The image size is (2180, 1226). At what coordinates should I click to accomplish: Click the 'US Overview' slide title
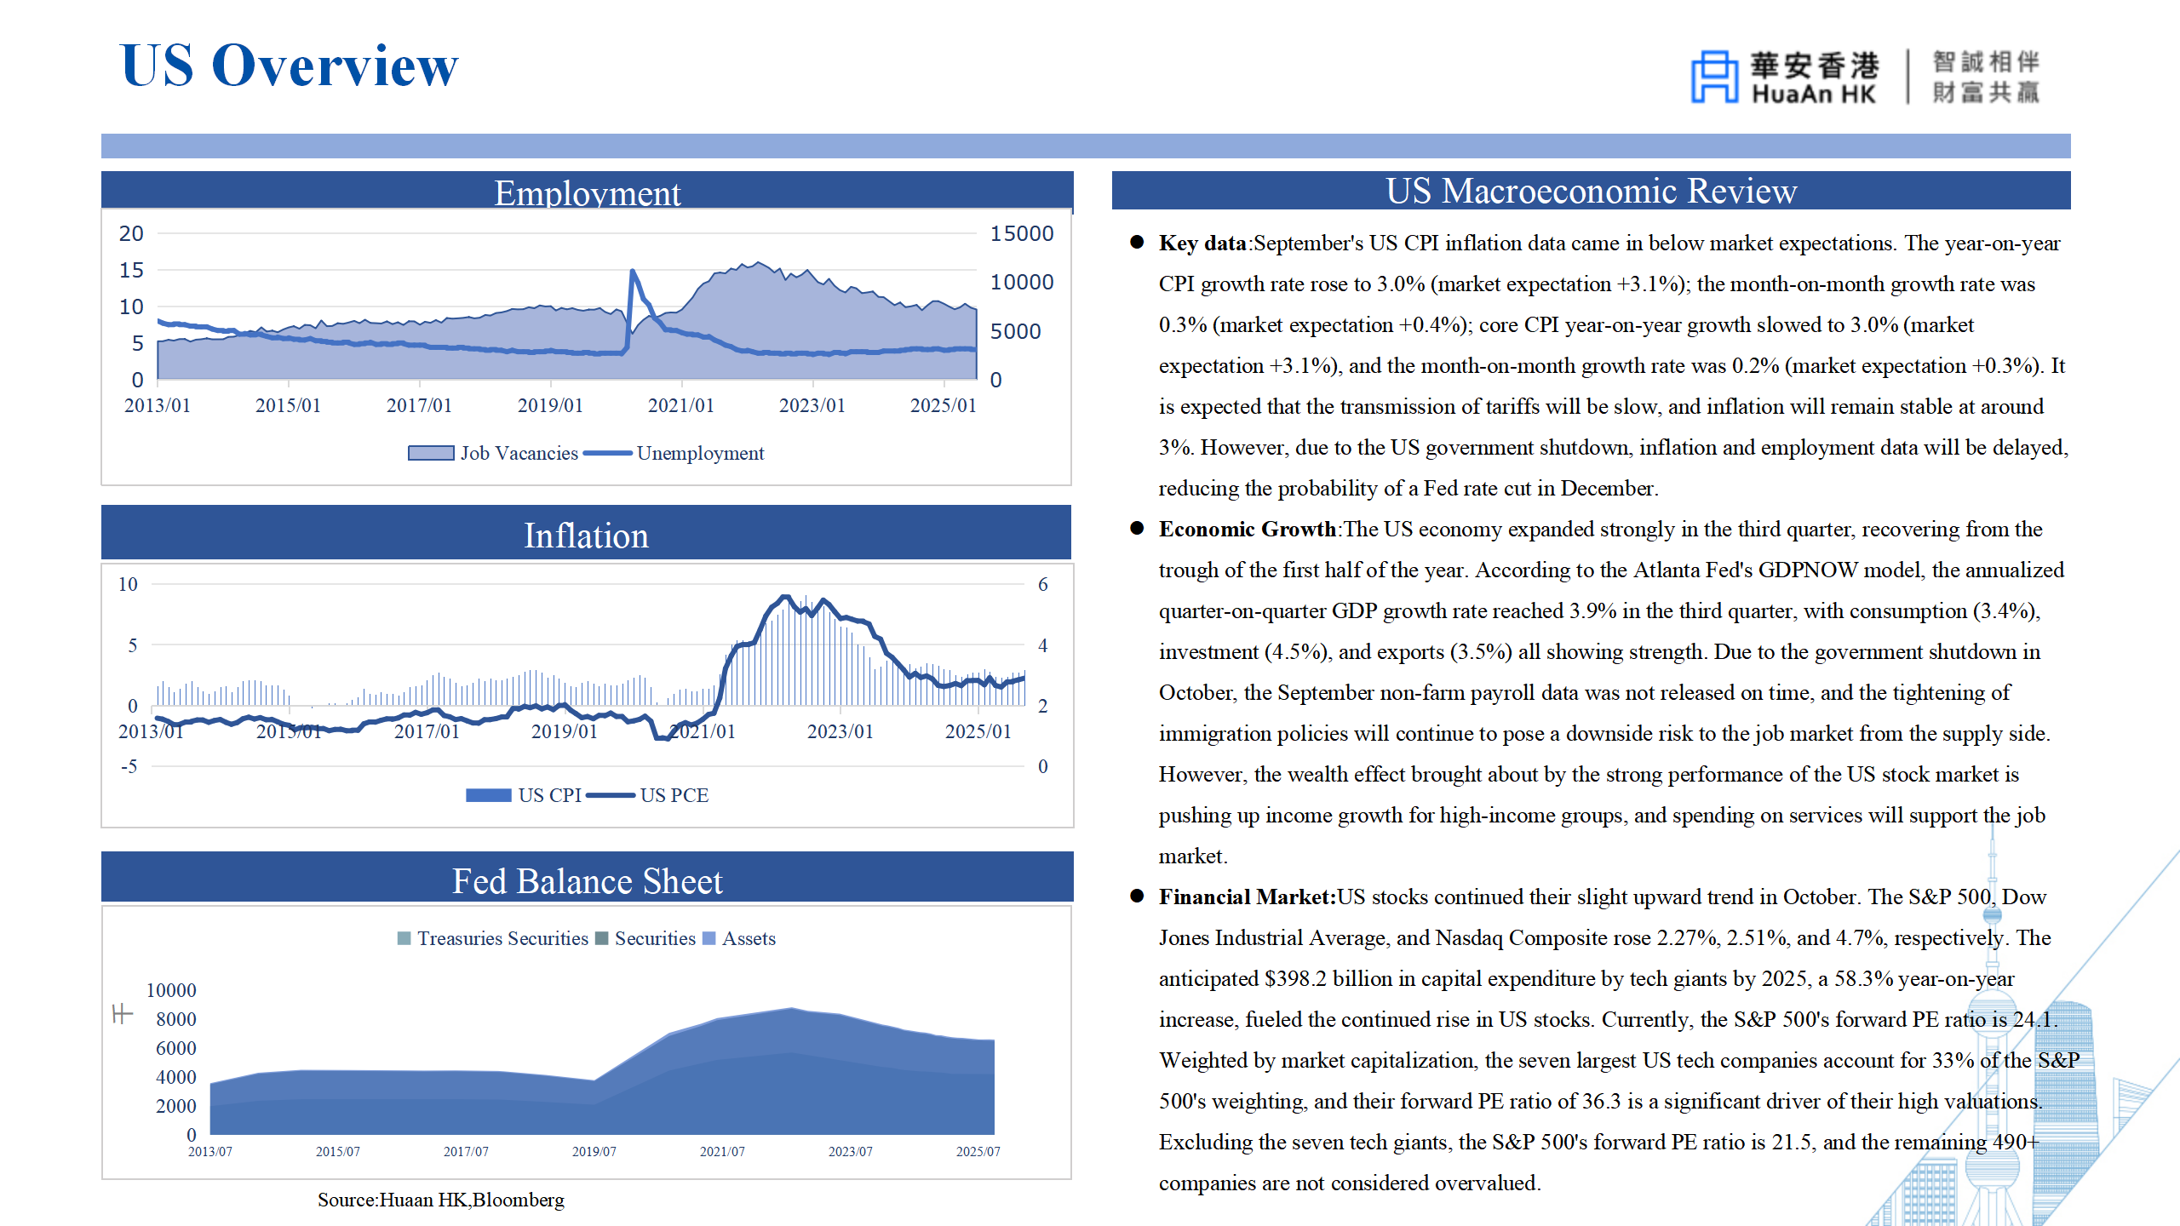290,66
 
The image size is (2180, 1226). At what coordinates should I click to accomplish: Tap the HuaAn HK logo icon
1713,77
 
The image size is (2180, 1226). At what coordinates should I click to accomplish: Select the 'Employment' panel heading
587,192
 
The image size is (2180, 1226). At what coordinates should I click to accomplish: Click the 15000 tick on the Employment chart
1021,233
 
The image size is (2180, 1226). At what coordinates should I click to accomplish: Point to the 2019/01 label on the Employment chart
550,405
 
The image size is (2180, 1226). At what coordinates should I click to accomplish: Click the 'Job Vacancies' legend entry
494,453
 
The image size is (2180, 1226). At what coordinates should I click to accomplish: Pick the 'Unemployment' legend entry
698,453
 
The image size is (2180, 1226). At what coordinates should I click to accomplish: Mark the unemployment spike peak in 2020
633,272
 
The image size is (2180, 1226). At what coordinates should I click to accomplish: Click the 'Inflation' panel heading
586,536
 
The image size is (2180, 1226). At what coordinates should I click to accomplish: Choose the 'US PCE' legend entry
673,795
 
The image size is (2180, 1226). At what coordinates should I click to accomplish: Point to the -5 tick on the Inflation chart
129,766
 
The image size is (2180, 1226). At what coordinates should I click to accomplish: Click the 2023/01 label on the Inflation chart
840,731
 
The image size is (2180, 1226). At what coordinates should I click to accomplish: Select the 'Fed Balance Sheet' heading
587,881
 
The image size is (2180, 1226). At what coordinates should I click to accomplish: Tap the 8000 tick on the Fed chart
175,1019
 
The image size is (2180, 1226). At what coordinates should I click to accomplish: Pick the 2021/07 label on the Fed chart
722,1151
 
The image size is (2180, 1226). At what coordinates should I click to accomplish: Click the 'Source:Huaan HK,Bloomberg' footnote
440,1200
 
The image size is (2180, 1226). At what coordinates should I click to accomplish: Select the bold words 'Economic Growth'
1247,529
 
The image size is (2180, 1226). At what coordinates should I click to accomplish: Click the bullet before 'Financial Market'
1137,896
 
